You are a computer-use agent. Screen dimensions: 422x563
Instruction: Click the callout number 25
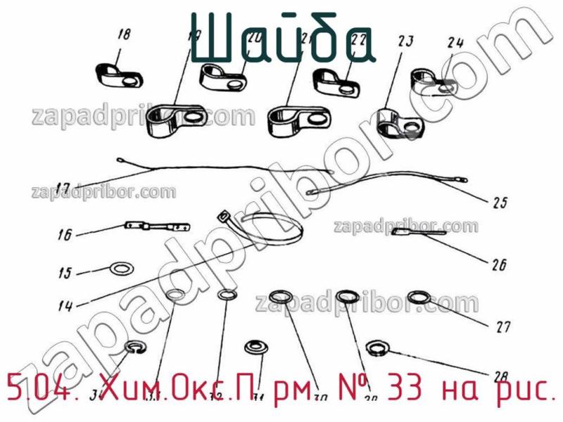coord(500,205)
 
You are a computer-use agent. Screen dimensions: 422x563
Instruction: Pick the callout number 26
coord(499,265)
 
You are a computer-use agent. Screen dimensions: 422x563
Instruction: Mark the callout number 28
coord(500,376)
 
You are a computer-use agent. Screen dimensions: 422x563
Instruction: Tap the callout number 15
coord(65,273)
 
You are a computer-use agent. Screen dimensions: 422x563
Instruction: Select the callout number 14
coord(66,306)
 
